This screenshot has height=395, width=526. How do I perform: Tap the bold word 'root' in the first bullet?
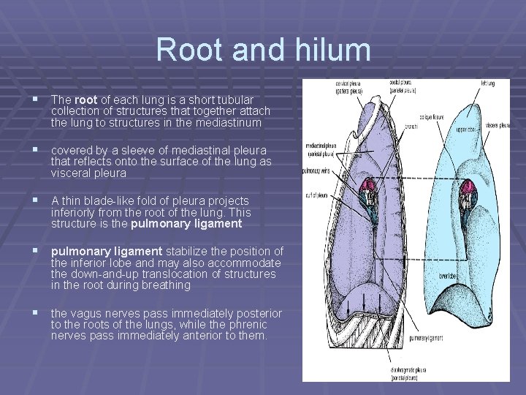pos(85,99)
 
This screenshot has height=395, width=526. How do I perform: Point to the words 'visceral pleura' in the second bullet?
pos(88,173)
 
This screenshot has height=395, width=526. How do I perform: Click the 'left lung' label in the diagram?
pos(487,83)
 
